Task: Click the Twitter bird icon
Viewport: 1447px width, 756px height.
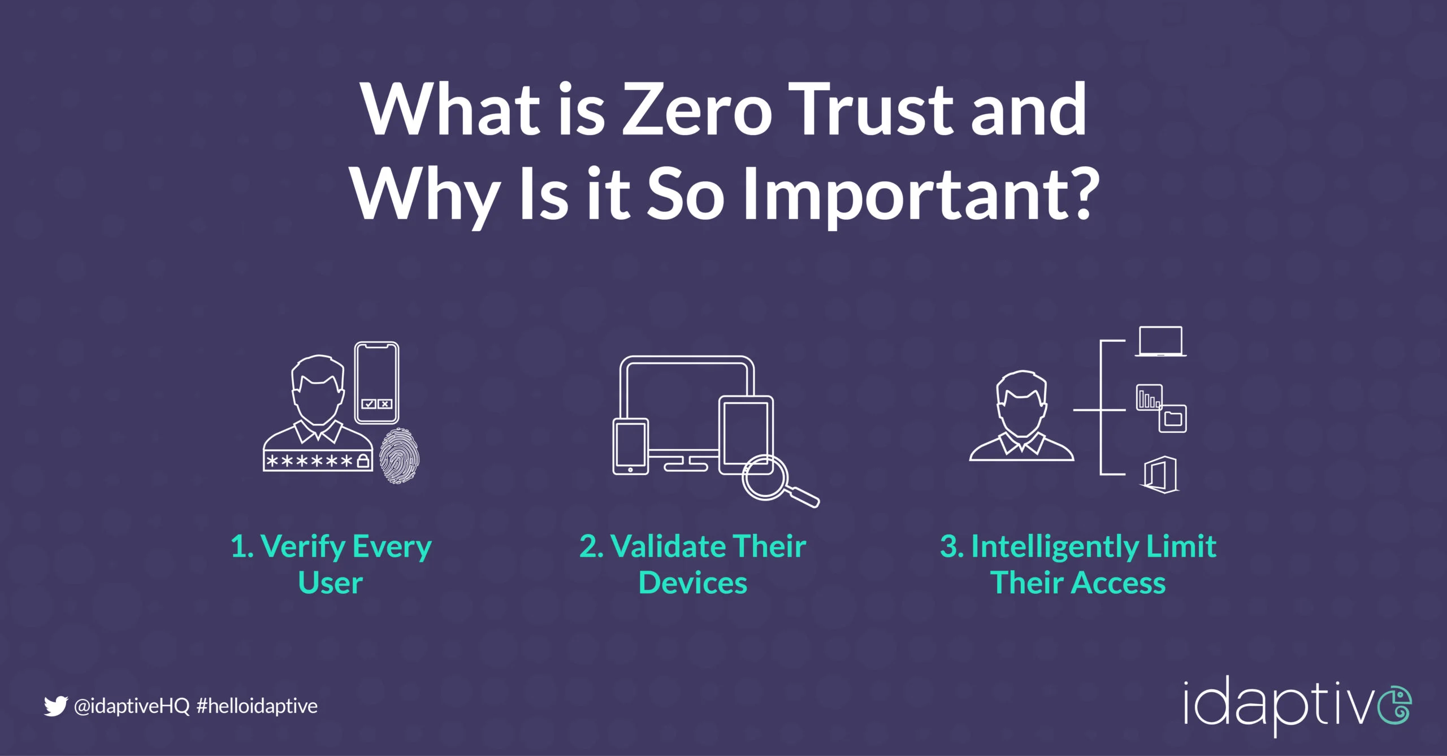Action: pyautogui.click(x=55, y=706)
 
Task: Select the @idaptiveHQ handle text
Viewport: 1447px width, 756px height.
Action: pyautogui.click(x=132, y=706)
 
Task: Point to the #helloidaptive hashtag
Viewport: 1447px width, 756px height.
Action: pyautogui.click(x=257, y=706)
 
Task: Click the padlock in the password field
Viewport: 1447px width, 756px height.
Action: pyautogui.click(x=363, y=460)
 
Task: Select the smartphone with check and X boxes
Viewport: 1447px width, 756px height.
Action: pyautogui.click(x=376, y=383)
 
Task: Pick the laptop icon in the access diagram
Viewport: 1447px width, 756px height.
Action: pyautogui.click(x=1160, y=341)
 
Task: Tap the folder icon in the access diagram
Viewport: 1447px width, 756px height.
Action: pyautogui.click(x=1173, y=419)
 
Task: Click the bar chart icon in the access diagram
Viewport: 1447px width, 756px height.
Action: pyautogui.click(x=1149, y=398)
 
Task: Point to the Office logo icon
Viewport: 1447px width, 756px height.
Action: pyautogui.click(x=1160, y=475)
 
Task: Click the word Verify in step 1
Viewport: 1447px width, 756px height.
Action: pyautogui.click(x=304, y=548)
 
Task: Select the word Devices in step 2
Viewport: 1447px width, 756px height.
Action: pyautogui.click(x=692, y=583)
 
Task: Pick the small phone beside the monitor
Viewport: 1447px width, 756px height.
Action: pyautogui.click(x=631, y=446)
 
